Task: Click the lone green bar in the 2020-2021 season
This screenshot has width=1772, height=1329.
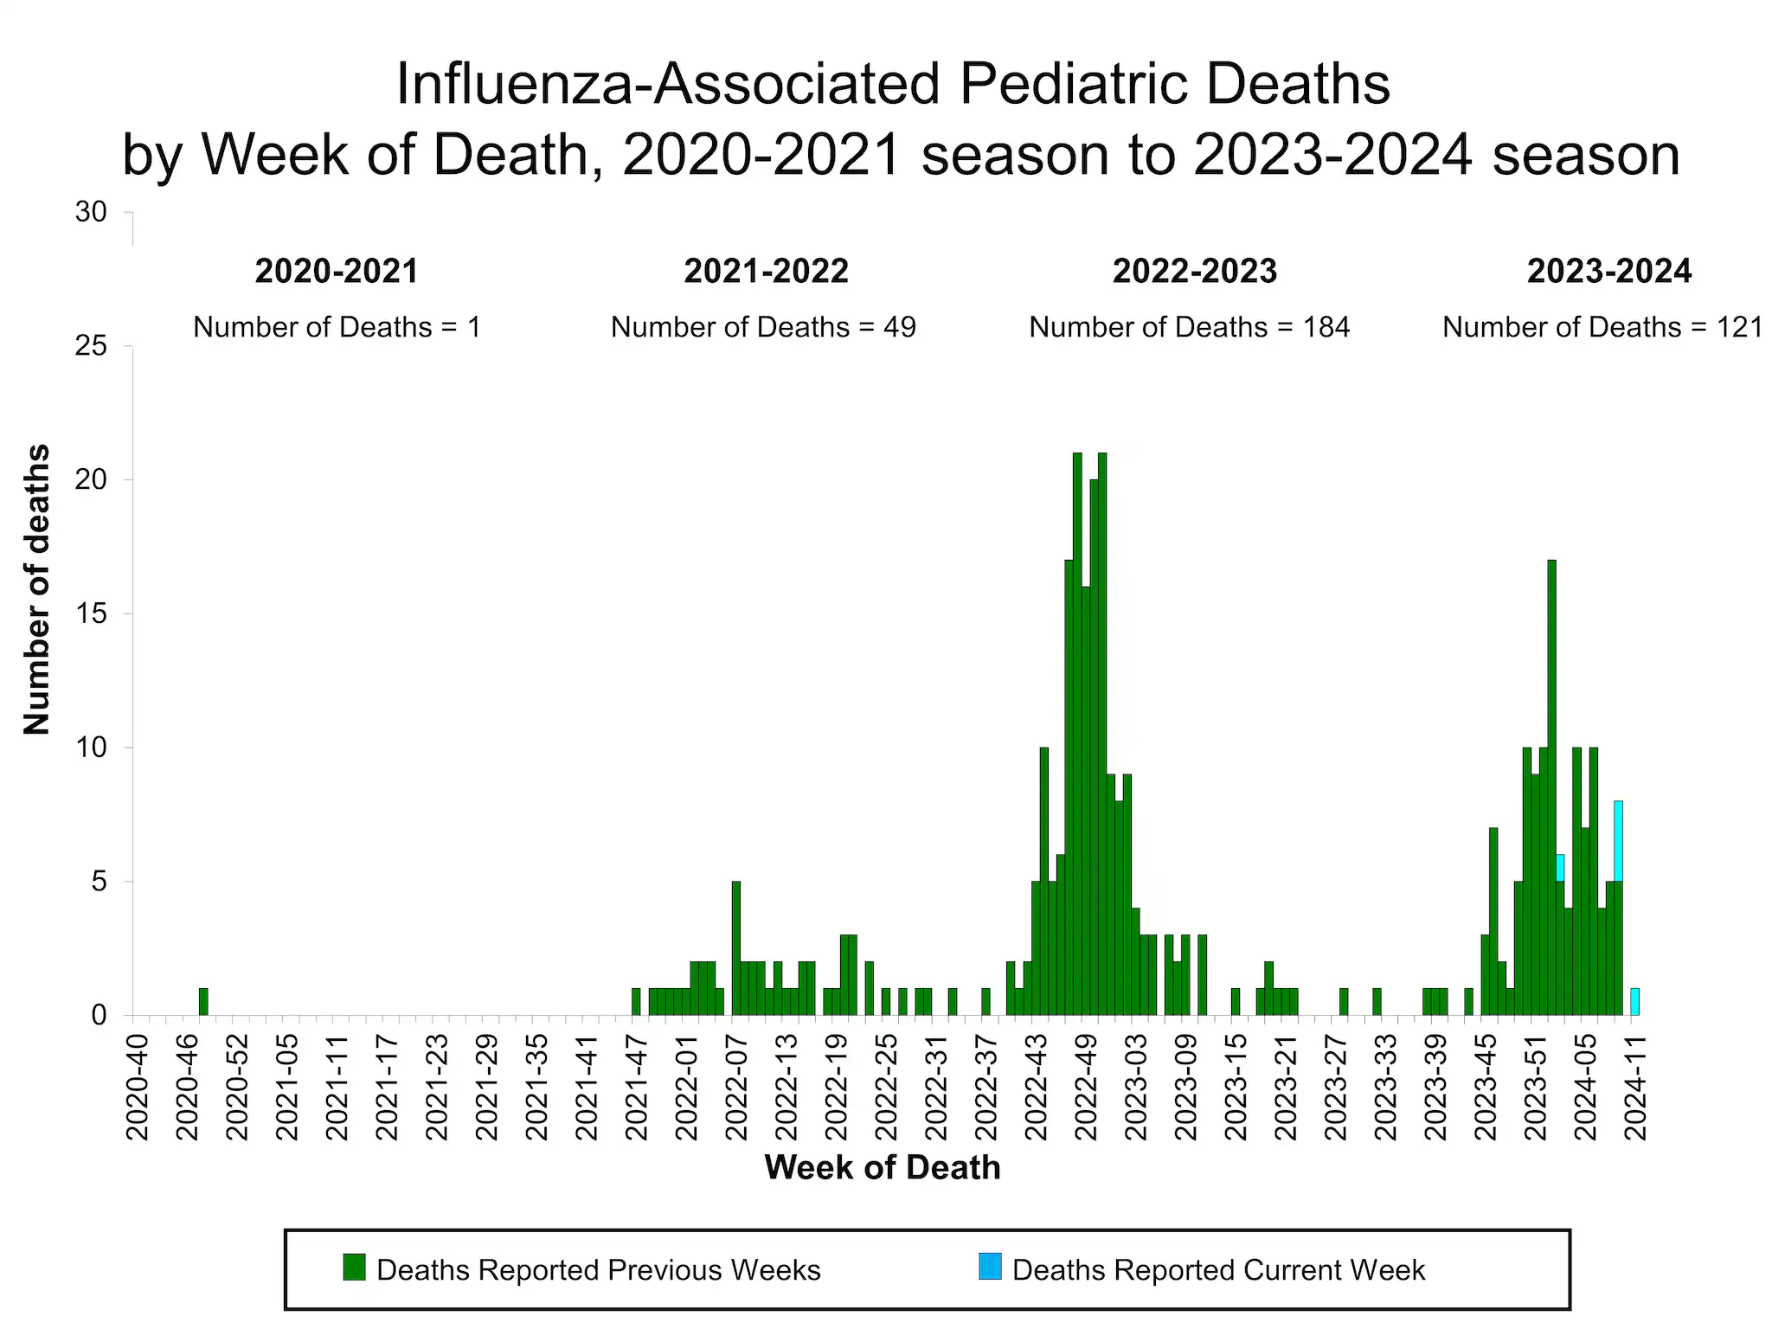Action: coord(203,1001)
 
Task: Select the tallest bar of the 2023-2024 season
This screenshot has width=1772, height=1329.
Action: coord(1551,787)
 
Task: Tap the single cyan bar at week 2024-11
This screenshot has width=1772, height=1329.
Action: coord(1634,1001)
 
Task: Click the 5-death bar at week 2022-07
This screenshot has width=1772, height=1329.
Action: coord(736,947)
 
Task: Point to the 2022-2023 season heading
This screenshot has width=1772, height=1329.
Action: coord(1194,272)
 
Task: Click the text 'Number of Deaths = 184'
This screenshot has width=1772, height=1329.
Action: coord(1189,327)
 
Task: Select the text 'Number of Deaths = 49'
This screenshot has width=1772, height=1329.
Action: coord(763,327)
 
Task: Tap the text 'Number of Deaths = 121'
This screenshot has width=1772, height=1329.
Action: coord(1602,327)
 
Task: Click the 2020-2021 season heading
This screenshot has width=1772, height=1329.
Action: coord(337,272)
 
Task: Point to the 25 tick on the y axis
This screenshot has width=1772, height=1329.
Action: coord(91,346)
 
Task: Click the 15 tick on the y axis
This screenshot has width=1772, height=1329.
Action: coord(91,613)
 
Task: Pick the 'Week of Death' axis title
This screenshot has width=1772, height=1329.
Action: coord(883,1167)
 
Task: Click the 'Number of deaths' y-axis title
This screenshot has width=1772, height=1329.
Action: coord(36,589)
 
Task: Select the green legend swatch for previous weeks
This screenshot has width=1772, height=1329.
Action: coord(354,1267)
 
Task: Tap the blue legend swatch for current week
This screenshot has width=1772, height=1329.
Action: coord(990,1267)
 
